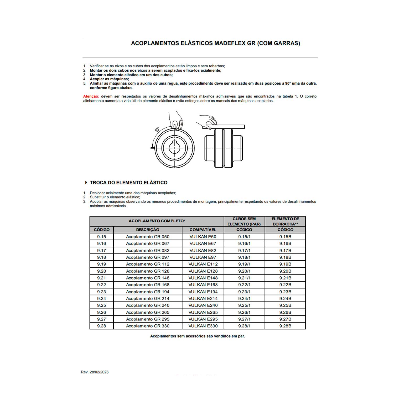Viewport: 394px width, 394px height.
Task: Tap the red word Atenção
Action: coord(91,96)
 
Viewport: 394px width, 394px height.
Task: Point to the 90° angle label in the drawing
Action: coord(157,129)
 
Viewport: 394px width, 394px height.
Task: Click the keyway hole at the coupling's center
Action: coord(174,148)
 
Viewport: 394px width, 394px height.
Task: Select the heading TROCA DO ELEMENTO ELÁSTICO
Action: coord(128,183)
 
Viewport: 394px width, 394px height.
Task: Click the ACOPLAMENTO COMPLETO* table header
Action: coord(157,221)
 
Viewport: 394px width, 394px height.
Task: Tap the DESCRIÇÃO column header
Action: coord(148,230)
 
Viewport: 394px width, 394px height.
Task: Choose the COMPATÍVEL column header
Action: coord(203,230)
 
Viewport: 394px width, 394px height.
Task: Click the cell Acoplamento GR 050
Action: coord(148,237)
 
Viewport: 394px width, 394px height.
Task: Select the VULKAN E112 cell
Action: coord(203,264)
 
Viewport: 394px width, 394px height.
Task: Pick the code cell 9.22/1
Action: coord(244,285)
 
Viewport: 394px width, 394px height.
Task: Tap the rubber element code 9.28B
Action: coord(285,326)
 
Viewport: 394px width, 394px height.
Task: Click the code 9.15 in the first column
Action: coord(101,237)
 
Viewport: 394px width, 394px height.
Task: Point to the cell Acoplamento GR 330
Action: coord(148,326)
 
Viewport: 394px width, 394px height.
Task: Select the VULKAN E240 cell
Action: coord(203,305)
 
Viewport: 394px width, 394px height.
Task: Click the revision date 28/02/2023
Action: coord(99,372)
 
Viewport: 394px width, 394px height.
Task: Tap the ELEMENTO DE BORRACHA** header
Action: coord(285,221)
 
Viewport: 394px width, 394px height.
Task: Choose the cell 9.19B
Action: coord(285,264)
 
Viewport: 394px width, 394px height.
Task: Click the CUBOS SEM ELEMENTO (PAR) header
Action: coord(244,221)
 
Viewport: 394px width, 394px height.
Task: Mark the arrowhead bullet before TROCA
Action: coord(86,183)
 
